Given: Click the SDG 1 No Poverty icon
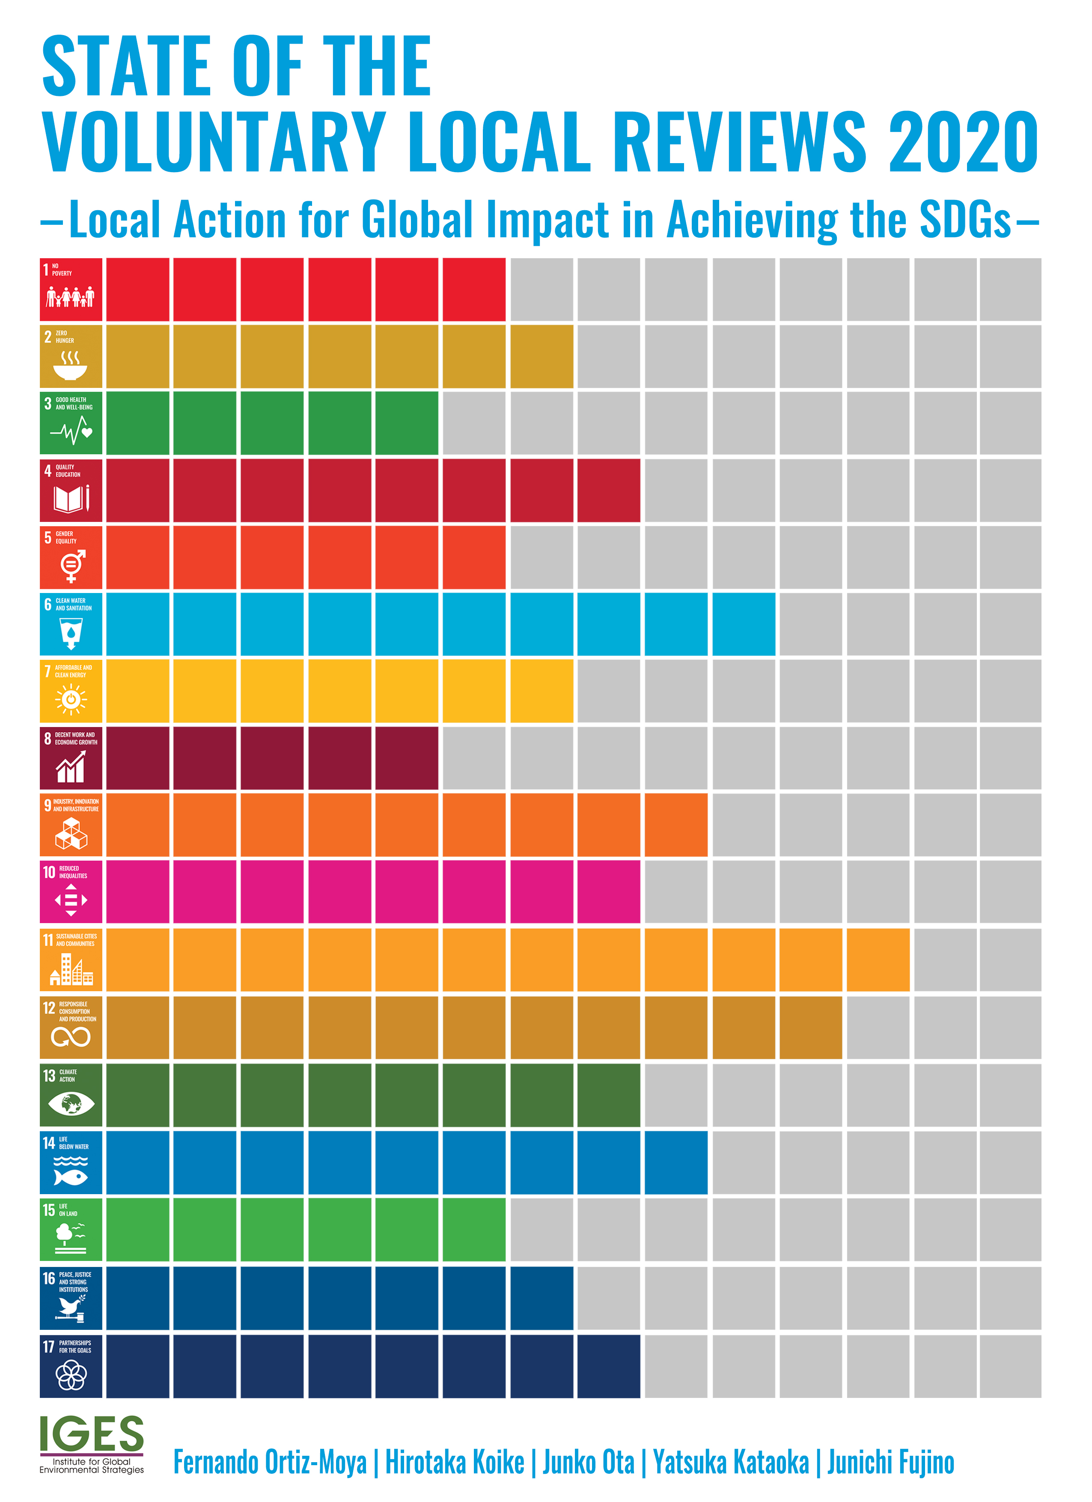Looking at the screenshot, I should [71, 289].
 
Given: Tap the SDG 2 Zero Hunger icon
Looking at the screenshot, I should [71, 356].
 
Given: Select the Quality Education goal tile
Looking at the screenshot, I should [71, 490].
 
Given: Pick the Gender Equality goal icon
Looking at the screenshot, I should [71, 557].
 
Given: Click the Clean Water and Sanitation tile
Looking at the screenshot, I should [71, 624].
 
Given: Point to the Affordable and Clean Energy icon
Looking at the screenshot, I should [71, 691].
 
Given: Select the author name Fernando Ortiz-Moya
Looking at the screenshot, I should [270, 1462].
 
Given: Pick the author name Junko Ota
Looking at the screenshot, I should [588, 1462].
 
